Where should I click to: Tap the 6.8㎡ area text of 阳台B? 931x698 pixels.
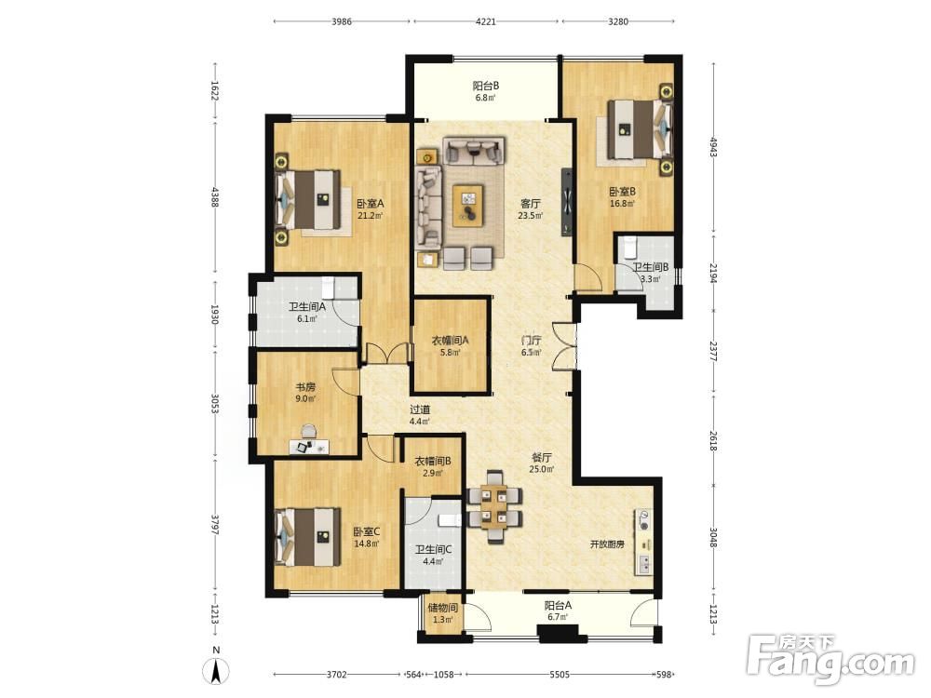click(485, 98)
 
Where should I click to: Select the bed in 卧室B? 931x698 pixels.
click(641, 129)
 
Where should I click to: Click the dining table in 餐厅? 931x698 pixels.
click(494, 507)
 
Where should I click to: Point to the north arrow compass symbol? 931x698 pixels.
click(216, 671)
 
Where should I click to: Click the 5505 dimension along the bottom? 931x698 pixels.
click(560, 674)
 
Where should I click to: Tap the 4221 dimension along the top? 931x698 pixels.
click(486, 21)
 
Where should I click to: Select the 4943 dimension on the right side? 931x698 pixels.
click(714, 146)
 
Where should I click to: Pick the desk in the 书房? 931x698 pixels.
click(309, 447)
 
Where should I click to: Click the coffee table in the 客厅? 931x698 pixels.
click(468, 206)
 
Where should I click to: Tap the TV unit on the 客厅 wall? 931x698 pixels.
click(567, 202)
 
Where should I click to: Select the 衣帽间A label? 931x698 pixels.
click(450, 341)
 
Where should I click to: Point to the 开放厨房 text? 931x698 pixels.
click(607, 544)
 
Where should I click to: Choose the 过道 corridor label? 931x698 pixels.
click(420, 409)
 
